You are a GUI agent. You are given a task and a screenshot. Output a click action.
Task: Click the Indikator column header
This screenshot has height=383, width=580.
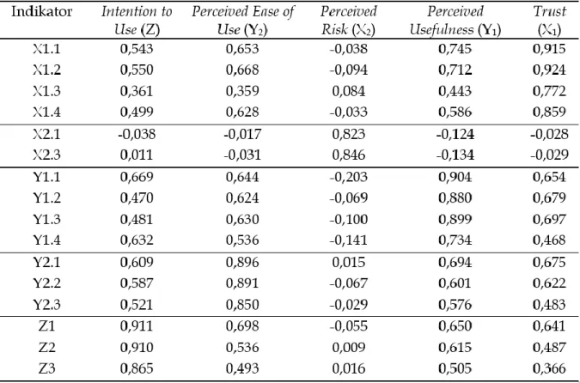pyautogui.click(x=41, y=12)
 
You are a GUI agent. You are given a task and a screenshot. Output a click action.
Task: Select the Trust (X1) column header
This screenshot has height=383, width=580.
pyautogui.click(x=549, y=21)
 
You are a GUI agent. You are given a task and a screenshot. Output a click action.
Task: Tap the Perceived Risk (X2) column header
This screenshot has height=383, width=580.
pyautogui.click(x=349, y=21)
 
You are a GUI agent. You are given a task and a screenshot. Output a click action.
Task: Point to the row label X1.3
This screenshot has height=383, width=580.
pyautogui.click(x=46, y=91)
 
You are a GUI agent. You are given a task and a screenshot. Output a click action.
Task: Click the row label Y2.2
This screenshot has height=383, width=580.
pyautogui.click(x=46, y=283)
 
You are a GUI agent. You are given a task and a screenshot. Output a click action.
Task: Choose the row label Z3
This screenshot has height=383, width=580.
pyautogui.click(x=46, y=368)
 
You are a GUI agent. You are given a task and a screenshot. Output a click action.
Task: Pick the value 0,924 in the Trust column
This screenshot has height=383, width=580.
pyautogui.click(x=549, y=70)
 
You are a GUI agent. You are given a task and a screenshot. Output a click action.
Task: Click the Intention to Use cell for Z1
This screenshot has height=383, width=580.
pyautogui.click(x=137, y=326)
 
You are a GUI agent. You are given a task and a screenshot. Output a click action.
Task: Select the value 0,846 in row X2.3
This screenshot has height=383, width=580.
pyautogui.click(x=349, y=155)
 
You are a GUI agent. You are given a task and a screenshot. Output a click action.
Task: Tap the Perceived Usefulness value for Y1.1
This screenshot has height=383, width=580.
pyautogui.click(x=455, y=177)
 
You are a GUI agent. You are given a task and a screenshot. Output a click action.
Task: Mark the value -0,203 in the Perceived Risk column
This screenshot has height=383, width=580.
pyautogui.click(x=349, y=177)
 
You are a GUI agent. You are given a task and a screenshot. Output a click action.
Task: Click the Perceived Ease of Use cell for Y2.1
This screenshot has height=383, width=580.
pyautogui.click(x=242, y=262)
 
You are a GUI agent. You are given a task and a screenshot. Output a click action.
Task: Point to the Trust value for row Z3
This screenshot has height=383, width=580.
pyautogui.click(x=549, y=368)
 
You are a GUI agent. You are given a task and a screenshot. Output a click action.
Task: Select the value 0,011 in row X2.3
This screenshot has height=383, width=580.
pyautogui.click(x=137, y=155)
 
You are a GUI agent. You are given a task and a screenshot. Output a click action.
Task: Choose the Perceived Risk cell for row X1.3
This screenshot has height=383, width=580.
pyautogui.click(x=349, y=91)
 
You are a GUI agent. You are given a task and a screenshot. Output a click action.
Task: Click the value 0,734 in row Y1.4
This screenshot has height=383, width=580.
pyautogui.click(x=455, y=240)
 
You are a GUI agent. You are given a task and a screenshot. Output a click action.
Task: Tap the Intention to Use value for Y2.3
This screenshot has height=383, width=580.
pyautogui.click(x=137, y=305)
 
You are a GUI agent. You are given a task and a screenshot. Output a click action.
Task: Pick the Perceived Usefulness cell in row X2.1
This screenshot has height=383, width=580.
pyautogui.click(x=455, y=134)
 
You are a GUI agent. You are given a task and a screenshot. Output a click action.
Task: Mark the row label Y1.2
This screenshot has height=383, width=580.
pyautogui.click(x=46, y=198)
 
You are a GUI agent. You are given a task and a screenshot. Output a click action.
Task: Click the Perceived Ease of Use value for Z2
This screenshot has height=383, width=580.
pyautogui.click(x=242, y=348)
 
